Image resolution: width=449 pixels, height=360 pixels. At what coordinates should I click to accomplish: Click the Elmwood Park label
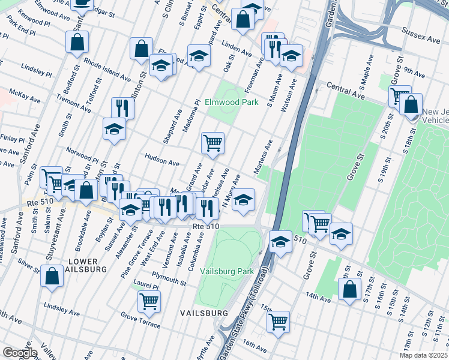tap(231, 102)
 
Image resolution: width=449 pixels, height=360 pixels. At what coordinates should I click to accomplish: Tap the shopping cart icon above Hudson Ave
tap(212, 143)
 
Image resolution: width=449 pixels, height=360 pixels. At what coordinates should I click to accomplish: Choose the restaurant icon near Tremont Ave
tap(122, 108)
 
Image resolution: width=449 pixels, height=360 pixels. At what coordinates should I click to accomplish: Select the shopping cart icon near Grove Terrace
tap(149, 301)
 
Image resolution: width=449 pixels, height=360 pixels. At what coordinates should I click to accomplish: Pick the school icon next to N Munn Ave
tap(243, 199)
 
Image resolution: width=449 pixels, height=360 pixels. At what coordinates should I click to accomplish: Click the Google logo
tap(20, 353)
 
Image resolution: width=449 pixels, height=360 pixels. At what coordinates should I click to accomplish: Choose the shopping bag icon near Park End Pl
tap(77, 42)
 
